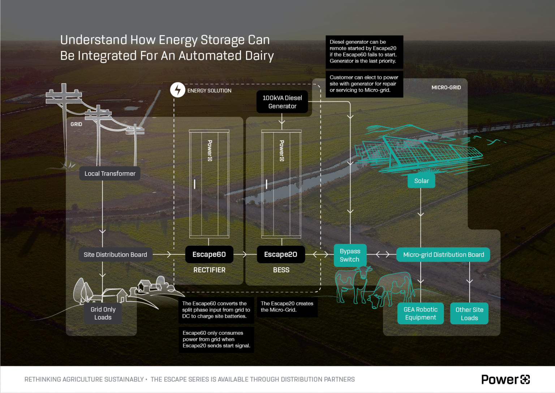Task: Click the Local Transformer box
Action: pyautogui.click(x=110, y=174)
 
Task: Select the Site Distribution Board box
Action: pyautogui.click(x=115, y=255)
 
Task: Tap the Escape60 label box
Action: pyautogui.click(x=209, y=254)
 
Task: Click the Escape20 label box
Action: pyautogui.click(x=280, y=254)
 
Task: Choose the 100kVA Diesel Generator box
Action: pyautogui.click(x=282, y=102)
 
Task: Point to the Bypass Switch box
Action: pyautogui.click(x=350, y=255)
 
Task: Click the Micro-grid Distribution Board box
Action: pyautogui.click(x=443, y=255)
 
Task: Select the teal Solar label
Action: pyautogui.click(x=421, y=181)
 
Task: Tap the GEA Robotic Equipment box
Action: pyautogui.click(x=420, y=313)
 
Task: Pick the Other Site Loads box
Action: pyautogui.click(x=469, y=314)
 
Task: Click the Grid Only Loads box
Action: pyautogui.click(x=103, y=313)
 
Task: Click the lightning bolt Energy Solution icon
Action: pyautogui.click(x=178, y=90)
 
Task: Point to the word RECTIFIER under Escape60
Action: pyautogui.click(x=209, y=270)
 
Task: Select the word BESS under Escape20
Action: pyautogui.click(x=281, y=270)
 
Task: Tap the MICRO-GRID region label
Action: pyautogui.click(x=446, y=88)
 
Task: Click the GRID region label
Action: pyautogui.click(x=76, y=124)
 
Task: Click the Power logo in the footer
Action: pyautogui.click(x=505, y=379)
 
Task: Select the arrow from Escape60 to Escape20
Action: pyautogui.click(x=245, y=254)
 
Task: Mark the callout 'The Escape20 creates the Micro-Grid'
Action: pyautogui.click(x=287, y=307)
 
